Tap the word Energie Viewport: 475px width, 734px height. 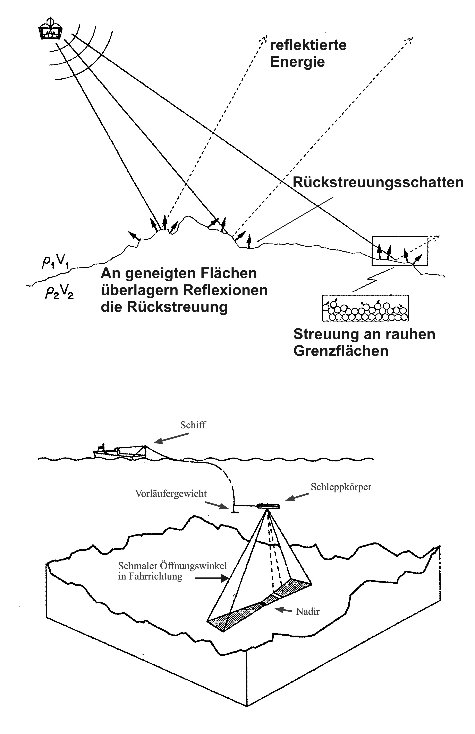(297, 62)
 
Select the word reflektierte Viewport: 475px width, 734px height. (308, 45)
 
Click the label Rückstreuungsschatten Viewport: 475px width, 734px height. (378, 182)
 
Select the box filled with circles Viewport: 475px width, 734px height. (365, 308)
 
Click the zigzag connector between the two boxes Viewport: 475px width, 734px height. (373, 280)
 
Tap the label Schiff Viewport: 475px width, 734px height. (193, 425)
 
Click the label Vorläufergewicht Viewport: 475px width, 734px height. (171, 494)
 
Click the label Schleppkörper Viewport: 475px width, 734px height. (341, 487)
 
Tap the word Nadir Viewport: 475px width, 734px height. (307, 611)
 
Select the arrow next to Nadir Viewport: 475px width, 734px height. (282, 610)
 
